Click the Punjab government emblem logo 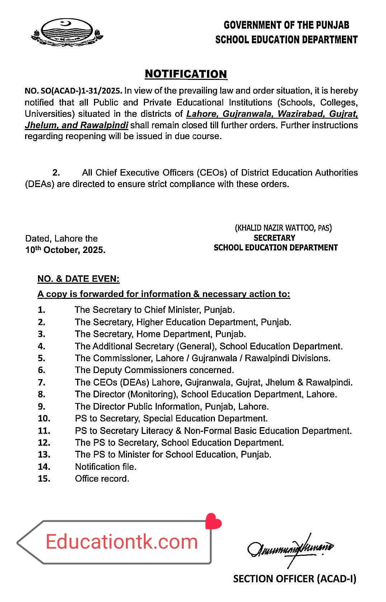67,33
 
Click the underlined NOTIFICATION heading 186,74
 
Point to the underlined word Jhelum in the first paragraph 41,125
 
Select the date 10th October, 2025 65,250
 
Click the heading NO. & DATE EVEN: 79,279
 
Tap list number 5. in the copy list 42,358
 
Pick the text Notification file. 106,467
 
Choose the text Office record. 102,479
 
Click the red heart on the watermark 213,521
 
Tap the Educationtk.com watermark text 122,542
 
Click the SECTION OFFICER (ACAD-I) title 295,579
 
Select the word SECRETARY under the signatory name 274,238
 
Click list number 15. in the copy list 44,479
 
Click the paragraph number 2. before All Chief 56,173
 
